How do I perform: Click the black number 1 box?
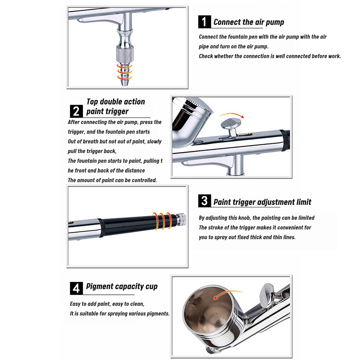point(204,22)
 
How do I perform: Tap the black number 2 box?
point(76,111)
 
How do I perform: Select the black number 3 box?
point(204,201)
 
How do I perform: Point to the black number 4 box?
point(76,288)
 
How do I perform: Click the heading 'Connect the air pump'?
point(249,22)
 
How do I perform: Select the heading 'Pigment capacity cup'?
point(122,287)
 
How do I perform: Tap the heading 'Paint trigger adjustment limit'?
point(262,202)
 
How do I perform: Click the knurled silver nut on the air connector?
point(125,54)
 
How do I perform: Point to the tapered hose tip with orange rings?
point(125,74)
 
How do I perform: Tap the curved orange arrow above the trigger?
point(232,114)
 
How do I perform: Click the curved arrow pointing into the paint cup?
point(227,293)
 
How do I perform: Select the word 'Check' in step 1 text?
point(206,56)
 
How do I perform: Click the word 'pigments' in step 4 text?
point(158,314)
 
